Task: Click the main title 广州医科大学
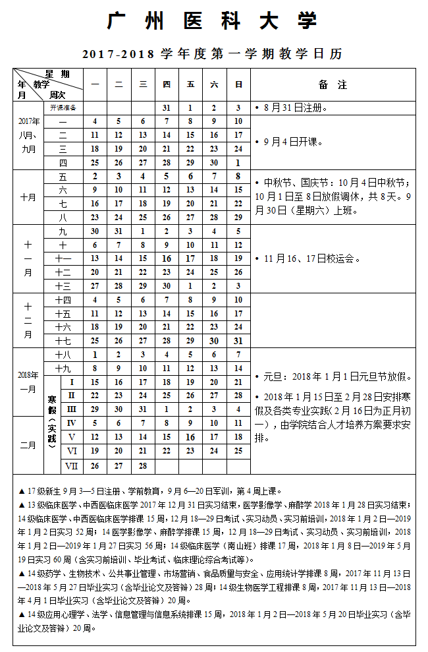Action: coord(212,21)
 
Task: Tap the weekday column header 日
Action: coord(238,84)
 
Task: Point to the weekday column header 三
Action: coord(142,84)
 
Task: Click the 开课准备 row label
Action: coord(63,107)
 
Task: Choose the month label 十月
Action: coord(28,197)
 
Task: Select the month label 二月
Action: coord(28,445)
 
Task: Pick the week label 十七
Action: coord(63,341)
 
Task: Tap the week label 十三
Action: coord(63,286)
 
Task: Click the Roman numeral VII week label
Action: coord(72,465)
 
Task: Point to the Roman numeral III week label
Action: coord(72,409)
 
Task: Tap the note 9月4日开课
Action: coord(292,142)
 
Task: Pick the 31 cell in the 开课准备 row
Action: coord(167,107)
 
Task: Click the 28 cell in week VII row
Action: coord(142,465)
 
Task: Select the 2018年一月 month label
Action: coord(28,382)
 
